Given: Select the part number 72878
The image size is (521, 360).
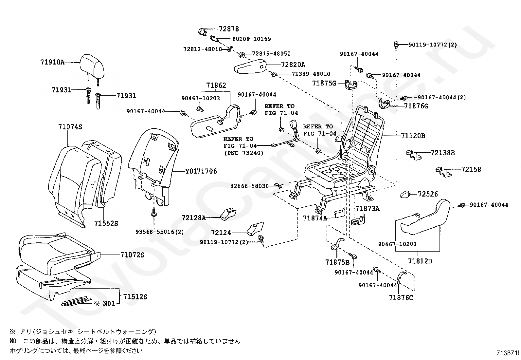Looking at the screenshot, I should click(229, 29).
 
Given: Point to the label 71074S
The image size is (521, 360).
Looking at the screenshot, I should click(70, 127).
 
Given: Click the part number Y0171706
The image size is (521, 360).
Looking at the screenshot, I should click(201, 171).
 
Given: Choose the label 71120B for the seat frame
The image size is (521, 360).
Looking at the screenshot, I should click(413, 136).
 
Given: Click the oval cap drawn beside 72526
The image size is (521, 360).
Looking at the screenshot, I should click(407, 194).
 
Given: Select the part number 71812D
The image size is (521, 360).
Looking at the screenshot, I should click(420, 261).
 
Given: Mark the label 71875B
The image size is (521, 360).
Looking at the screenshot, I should click(337, 262).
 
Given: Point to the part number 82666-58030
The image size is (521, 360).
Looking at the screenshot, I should click(249, 186).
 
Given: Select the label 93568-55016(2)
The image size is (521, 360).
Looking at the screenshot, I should click(159, 232).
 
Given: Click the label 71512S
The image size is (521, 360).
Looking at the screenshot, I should click(135, 297).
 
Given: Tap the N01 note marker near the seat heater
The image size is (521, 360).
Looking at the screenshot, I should click(105, 304).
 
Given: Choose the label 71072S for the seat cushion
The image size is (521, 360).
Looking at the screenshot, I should click(132, 255).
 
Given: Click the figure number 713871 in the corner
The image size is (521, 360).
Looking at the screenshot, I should click(507, 353).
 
